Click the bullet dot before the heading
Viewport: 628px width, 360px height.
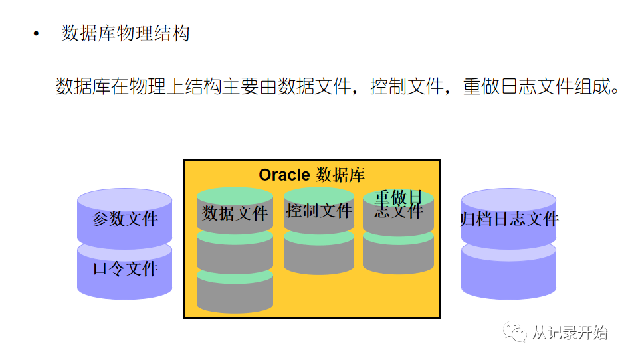click(37, 33)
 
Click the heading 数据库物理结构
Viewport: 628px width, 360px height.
click(126, 33)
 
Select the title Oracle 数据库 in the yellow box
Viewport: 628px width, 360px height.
click(312, 175)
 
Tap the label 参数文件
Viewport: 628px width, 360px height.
click(125, 219)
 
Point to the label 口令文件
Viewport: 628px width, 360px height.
click(125, 269)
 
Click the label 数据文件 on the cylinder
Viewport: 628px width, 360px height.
click(235, 213)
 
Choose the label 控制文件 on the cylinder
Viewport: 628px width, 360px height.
click(318, 211)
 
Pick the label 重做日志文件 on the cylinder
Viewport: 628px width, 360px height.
click(398, 205)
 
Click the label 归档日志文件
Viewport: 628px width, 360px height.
click(509, 219)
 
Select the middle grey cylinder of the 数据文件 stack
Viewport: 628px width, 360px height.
click(235, 254)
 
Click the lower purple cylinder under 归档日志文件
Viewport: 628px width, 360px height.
click(509, 272)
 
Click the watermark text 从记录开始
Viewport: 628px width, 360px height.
click(570, 332)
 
